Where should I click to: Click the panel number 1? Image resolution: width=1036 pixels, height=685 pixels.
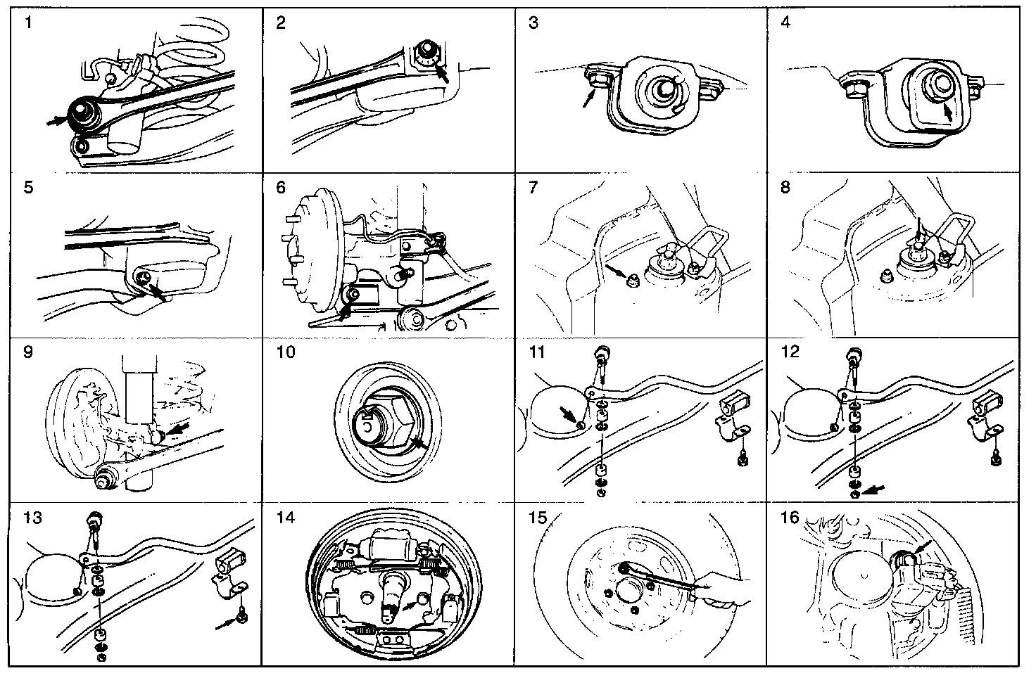pyautogui.click(x=29, y=23)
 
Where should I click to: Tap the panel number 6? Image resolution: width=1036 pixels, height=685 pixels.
pyautogui.click(x=281, y=187)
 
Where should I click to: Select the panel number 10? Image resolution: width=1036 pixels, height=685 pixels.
pyautogui.click(x=286, y=352)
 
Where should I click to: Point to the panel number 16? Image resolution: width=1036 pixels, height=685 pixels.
pyautogui.click(x=790, y=517)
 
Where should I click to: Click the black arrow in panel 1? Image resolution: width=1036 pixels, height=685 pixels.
pyautogui.click(x=57, y=121)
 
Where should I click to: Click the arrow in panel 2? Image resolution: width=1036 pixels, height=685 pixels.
pyautogui.click(x=442, y=73)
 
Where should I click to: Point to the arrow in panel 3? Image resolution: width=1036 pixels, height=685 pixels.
pyautogui.click(x=589, y=98)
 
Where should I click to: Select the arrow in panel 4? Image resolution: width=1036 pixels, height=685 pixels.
pyautogui.click(x=947, y=113)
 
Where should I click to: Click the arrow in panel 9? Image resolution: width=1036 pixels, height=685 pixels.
pyautogui.click(x=178, y=428)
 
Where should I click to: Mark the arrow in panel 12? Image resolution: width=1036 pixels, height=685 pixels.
pyautogui.click(x=873, y=489)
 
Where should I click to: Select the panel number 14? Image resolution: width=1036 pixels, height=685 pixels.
pyautogui.click(x=286, y=517)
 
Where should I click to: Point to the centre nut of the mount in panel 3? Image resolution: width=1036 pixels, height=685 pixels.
pyautogui.click(x=659, y=89)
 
